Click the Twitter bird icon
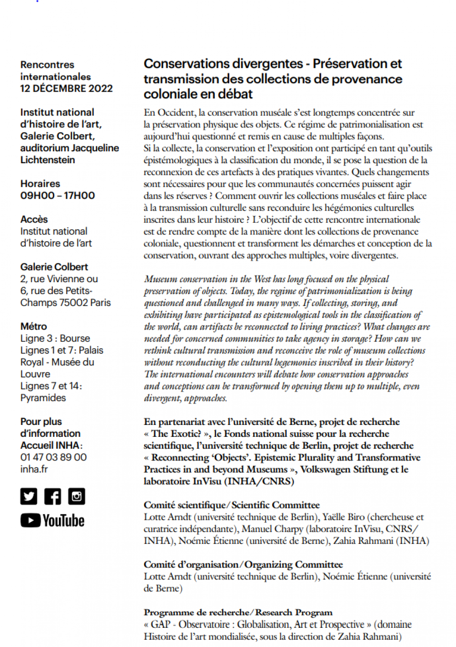click(x=29, y=496)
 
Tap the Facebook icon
click(x=52, y=496)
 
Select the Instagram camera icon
click(x=76, y=496)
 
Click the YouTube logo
click(x=52, y=521)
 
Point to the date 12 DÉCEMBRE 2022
click(x=66, y=88)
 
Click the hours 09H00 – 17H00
click(x=57, y=196)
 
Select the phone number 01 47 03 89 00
click(x=53, y=457)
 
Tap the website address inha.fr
click(x=34, y=469)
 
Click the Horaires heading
click(x=40, y=184)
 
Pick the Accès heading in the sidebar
click(x=34, y=219)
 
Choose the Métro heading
click(x=33, y=326)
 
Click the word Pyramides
click(x=43, y=398)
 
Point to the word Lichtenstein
click(x=47, y=160)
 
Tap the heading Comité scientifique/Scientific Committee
click(x=232, y=505)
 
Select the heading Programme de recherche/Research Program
click(x=238, y=612)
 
